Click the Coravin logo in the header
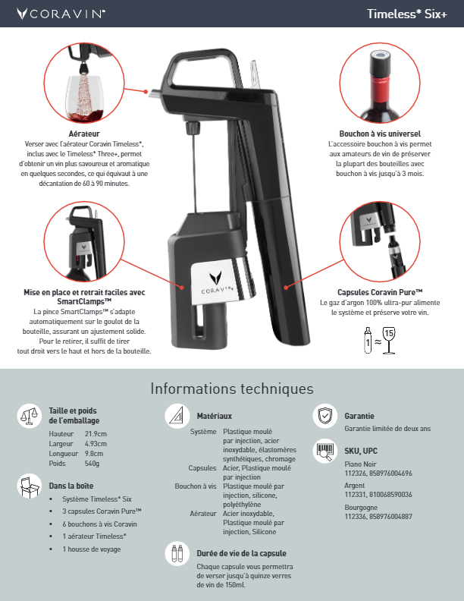click(61, 14)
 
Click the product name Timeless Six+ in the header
click(407, 14)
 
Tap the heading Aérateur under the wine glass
click(84, 134)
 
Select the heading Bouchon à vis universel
click(380, 134)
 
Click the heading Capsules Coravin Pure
click(380, 292)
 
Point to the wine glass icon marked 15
click(389, 341)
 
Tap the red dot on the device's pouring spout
click(146, 92)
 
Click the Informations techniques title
click(232, 389)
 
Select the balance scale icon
click(30, 416)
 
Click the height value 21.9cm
click(96, 434)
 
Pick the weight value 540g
click(92, 464)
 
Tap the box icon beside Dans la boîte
click(30, 486)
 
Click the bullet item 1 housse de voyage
click(92, 549)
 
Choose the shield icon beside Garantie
click(325, 416)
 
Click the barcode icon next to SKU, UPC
click(325, 451)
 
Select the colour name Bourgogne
click(361, 507)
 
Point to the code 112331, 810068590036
click(378, 495)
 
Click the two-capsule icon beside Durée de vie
click(177, 553)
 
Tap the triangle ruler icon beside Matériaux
click(177, 416)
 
